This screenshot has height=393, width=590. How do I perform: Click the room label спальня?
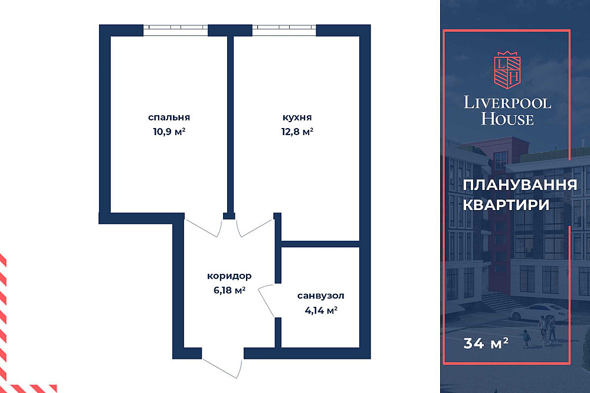pos(169,117)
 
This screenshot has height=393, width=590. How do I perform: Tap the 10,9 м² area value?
pos(169,132)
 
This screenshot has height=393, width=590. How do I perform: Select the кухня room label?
pos(297,117)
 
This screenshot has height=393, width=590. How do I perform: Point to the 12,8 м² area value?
pos(297,132)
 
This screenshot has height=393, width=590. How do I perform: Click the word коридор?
pos(230,276)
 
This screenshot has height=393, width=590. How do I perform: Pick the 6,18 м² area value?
pos(230,290)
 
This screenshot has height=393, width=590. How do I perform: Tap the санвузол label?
pos(320,296)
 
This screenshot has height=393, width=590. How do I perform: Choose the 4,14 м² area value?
pos(320,310)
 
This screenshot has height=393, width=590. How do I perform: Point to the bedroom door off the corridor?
pos(204,227)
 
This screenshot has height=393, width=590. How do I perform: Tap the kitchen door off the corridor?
pos(256,227)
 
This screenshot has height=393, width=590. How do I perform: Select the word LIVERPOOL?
pos(507,103)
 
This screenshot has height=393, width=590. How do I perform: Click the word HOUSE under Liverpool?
pos(507,119)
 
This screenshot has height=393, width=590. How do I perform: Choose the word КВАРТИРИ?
pos(506,205)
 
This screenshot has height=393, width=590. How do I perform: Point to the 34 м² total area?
pos(486,342)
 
